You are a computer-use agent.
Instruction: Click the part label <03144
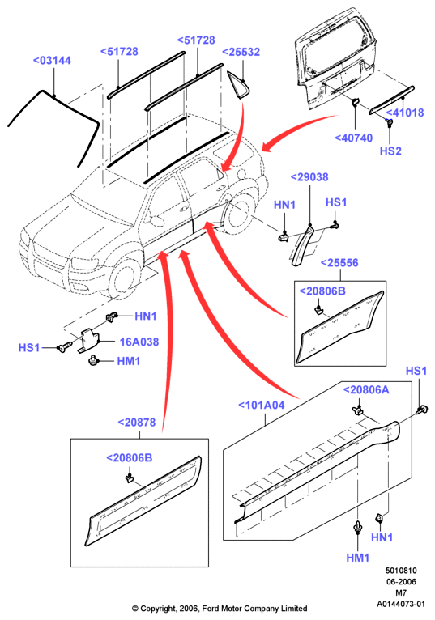point(52,61)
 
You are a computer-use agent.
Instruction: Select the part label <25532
point(241,52)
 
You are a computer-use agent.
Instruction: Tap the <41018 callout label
point(405,113)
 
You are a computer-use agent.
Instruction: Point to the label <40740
point(354,138)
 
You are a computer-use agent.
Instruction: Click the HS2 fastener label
point(390,151)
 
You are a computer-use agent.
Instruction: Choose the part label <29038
point(309,177)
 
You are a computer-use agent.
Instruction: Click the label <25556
point(339,263)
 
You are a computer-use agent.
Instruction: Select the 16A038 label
point(139,342)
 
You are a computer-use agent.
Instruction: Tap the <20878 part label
point(137,423)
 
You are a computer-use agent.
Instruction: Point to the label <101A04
point(261,406)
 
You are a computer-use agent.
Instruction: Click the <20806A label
point(366,390)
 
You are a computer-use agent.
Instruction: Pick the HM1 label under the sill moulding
point(358,558)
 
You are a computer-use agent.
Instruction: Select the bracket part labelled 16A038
point(88,340)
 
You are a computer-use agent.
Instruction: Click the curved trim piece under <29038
point(302,245)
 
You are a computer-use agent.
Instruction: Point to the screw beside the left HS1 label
point(64,347)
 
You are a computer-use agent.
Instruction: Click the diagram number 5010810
point(401,571)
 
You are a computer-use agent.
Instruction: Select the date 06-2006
point(401,582)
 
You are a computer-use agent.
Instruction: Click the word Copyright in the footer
point(156,609)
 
